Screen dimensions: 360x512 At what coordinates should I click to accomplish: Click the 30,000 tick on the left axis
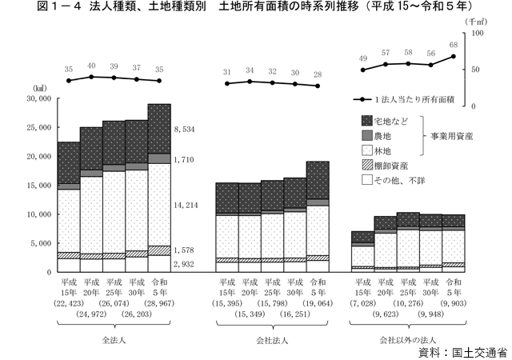tap(38, 98)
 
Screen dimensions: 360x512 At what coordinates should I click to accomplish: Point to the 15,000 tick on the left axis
tap(38, 185)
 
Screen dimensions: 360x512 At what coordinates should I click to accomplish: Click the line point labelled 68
tap(454, 56)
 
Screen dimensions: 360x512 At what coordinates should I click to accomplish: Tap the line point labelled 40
tap(91, 77)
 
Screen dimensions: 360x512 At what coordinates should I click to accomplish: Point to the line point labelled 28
tap(318, 86)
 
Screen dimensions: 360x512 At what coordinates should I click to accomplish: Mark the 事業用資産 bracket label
tap(452, 136)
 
